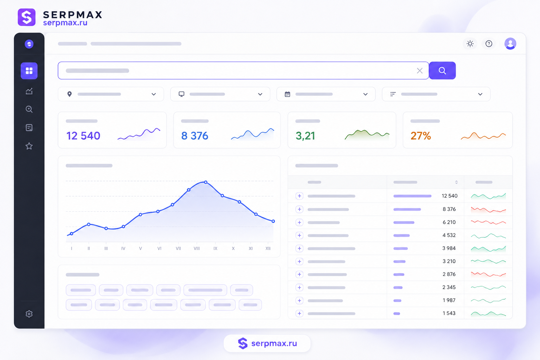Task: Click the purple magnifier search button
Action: pyautogui.click(x=442, y=70)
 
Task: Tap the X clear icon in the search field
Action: pyautogui.click(x=420, y=71)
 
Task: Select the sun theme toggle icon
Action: pyautogui.click(x=470, y=44)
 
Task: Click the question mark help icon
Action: pyautogui.click(x=489, y=44)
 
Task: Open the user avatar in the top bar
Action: pyautogui.click(x=510, y=44)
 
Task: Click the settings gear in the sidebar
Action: pyautogui.click(x=29, y=314)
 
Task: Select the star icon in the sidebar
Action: pyautogui.click(x=29, y=146)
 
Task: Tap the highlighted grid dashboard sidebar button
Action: pyautogui.click(x=29, y=71)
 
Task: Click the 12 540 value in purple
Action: pyautogui.click(x=83, y=136)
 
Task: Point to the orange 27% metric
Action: pyautogui.click(x=421, y=136)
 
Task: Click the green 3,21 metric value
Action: pyautogui.click(x=305, y=136)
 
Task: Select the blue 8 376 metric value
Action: pyautogui.click(x=194, y=136)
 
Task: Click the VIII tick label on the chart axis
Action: pyautogui.click(x=197, y=248)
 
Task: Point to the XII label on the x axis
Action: pyautogui.click(x=268, y=248)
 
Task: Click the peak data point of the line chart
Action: pyautogui.click(x=206, y=182)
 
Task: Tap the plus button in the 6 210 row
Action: pyautogui.click(x=300, y=222)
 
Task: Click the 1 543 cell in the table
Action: pyautogui.click(x=449, y=313)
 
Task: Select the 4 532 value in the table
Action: pyautogui.click(x=449, y=235)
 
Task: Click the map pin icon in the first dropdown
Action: pyautogui.click(x=69, y=94)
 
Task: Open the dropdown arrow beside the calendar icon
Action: pyautogui.click(x=366, y=94)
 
